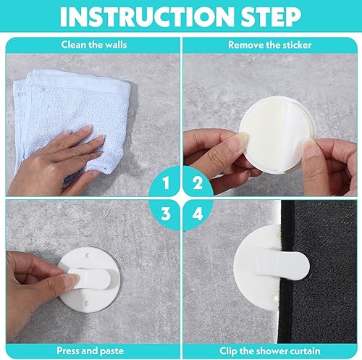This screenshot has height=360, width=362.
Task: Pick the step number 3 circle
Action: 165,214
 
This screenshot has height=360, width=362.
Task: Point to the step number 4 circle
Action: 198,214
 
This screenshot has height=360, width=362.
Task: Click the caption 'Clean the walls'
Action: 94,45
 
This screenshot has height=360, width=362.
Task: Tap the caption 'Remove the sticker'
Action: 270,45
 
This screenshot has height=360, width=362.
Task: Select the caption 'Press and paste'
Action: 90,351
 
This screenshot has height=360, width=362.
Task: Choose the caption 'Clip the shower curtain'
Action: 270,351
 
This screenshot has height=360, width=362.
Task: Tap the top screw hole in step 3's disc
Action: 88,255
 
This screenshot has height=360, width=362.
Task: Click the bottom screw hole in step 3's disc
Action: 87,303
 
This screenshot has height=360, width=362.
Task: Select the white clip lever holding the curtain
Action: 282,264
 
